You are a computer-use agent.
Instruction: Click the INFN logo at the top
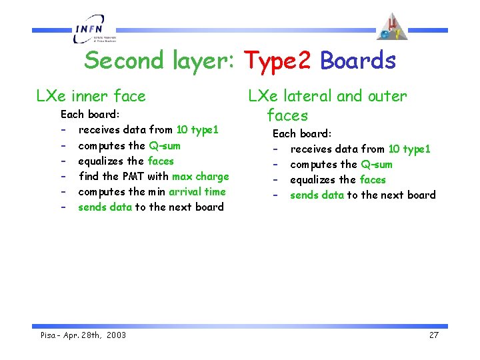[x=93, y=31]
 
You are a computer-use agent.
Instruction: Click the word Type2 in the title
[x=277, y=61]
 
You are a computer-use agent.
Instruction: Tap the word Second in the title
[x=123, y=61]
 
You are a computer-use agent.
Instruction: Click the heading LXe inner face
[x=91, y=96]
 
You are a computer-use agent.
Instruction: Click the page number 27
[x=433, y=335]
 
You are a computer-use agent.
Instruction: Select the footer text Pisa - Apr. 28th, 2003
[x=83, y=335]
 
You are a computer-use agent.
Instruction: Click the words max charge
[x=200, y=177]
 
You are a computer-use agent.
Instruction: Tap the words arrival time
[x=197, y=192]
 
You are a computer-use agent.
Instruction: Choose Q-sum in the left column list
[x=165, y=146]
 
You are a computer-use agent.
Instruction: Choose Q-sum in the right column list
[x=377, y=165]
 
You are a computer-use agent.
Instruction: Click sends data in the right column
[x=317, y=195]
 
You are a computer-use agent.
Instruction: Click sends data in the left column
[x=105, y=207]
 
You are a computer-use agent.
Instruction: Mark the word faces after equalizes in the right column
[x=372, y=180]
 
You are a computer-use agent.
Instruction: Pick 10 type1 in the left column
[x=197, y=130]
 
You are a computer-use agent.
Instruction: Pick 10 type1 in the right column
[x=409, y=149]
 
